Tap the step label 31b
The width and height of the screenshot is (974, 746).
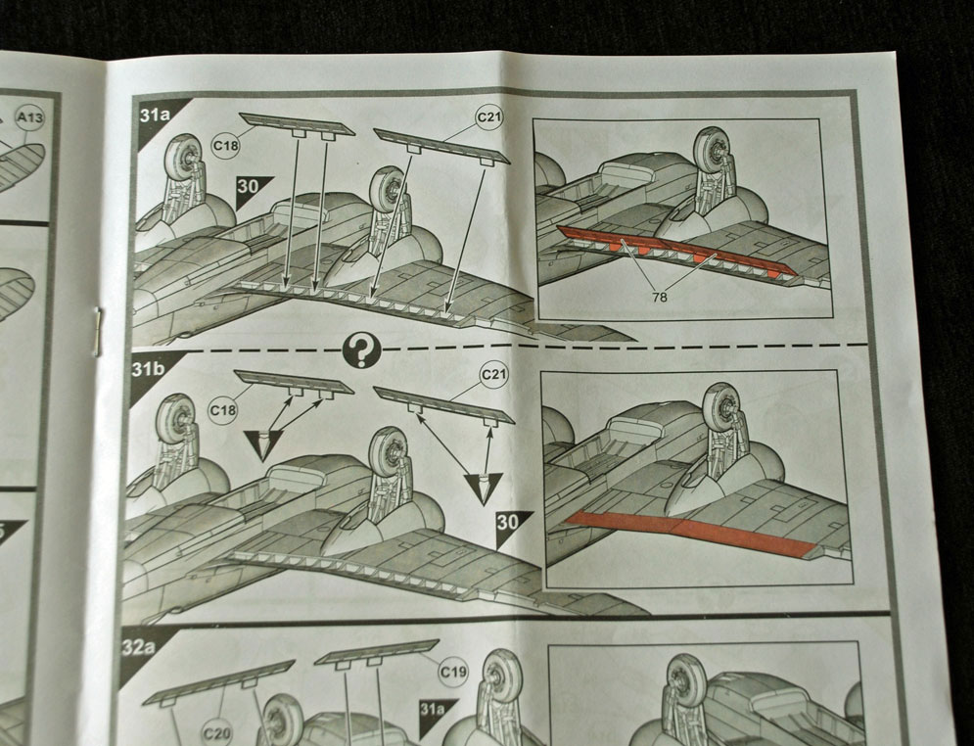(x=148, y=369)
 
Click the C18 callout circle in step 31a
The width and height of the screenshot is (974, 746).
(x=225, y=146)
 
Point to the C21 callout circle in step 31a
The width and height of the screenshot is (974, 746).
(x=489, y=117)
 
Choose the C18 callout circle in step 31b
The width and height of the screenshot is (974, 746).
(x=223, y=410)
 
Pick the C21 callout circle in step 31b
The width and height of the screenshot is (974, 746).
(x=494, y=375)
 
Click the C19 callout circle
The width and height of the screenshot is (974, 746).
(x=453, y=672)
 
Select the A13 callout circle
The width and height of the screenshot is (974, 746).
(x=30, y=117)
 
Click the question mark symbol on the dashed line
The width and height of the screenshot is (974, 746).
(x=361, y=350)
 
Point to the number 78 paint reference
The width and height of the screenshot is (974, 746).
(x=660, y=298)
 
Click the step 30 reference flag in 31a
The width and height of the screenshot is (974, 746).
(x=252, y=189)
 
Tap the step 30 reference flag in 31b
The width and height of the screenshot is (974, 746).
(x=510, y=526)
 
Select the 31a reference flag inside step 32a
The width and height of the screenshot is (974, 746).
(x=435, y=711)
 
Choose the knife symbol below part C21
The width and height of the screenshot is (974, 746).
(x=483, y=488)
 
